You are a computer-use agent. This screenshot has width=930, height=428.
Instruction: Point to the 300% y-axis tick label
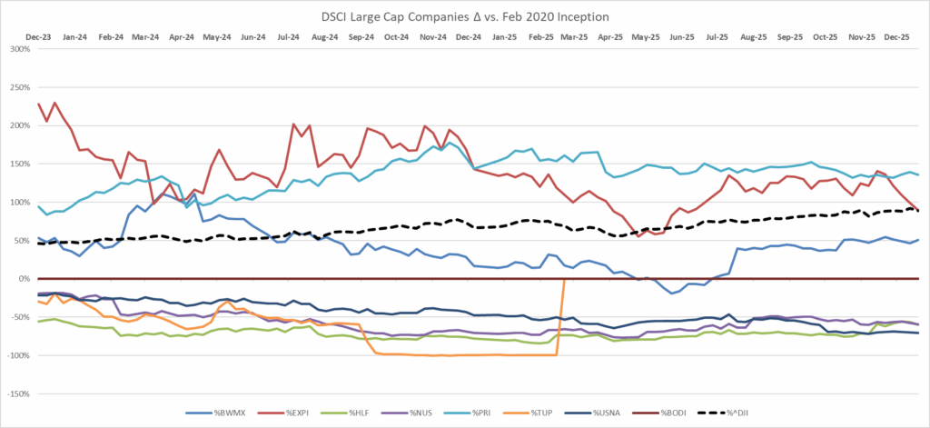(19, 48)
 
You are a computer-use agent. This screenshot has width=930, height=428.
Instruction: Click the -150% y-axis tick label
(17, 394)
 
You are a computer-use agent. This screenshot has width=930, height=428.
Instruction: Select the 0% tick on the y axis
(24, 279)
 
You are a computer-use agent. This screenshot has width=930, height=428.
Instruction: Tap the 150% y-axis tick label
(19, 164)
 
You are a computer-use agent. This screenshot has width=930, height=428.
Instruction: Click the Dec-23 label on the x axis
(37, 37)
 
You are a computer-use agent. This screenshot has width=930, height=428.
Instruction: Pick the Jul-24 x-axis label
(289, 37)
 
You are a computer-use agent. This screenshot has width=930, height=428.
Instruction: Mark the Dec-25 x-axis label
(895, 37)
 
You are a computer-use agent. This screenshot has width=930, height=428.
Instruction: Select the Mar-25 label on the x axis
(574, 37)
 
